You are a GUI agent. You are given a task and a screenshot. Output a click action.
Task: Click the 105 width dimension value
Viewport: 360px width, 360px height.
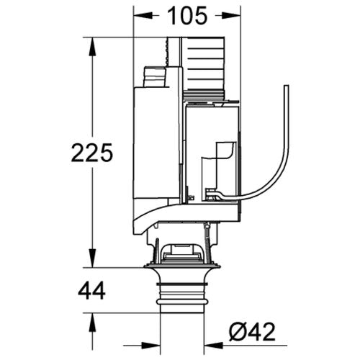[x=187, y=16]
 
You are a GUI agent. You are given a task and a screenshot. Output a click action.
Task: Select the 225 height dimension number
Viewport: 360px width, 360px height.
[x=92, y=153]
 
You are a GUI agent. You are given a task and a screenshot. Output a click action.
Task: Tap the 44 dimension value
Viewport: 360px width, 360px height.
[x=91, y=290]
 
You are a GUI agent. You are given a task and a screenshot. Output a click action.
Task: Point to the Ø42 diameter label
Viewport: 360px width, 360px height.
[x=252, y=331]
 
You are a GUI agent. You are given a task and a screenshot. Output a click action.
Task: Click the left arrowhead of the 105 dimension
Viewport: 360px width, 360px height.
[x=143, y=16]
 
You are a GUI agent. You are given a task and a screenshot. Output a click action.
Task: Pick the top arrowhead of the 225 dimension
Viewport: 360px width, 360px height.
[x=92, y=47]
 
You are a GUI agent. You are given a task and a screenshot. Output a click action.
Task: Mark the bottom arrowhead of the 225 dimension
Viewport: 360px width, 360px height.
[x=92, y=258]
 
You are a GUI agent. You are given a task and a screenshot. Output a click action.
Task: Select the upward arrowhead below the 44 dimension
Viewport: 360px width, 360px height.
[x=92, y=323]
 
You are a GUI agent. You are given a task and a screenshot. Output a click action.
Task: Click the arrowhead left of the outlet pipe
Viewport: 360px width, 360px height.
[x=150, y=346]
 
